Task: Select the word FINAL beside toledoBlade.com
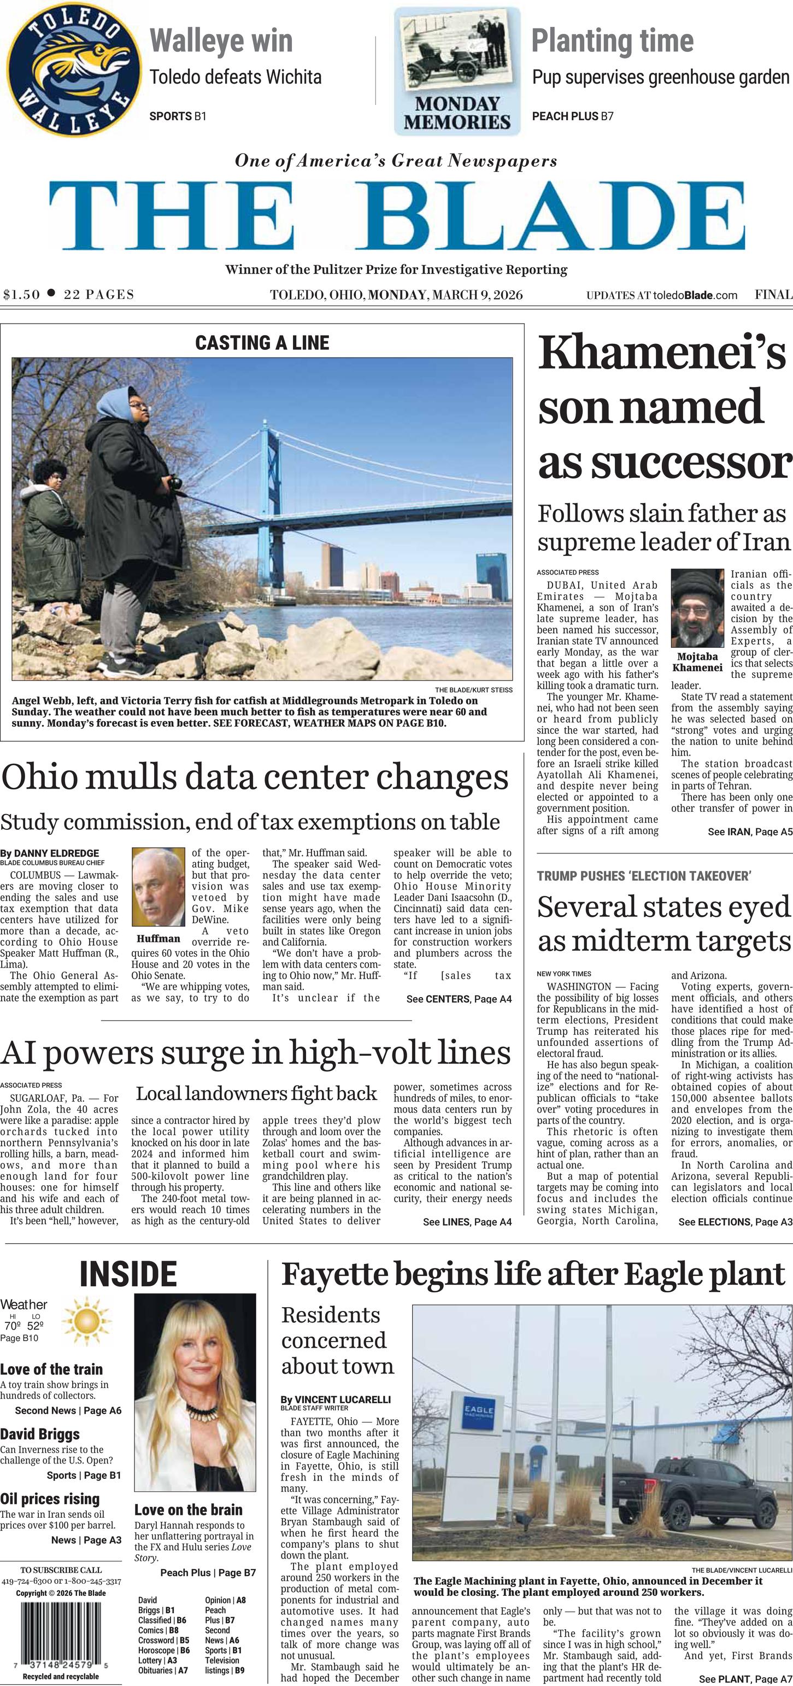click(773, 295)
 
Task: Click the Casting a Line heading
click(262, 342)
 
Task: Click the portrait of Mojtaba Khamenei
click(696, 608)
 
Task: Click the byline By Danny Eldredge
click(50, 853)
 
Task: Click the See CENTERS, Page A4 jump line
click(459, 999)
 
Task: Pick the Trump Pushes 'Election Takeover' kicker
click(644, 876)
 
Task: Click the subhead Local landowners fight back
click(256, 1094)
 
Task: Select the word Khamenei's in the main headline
click(661, 352)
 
